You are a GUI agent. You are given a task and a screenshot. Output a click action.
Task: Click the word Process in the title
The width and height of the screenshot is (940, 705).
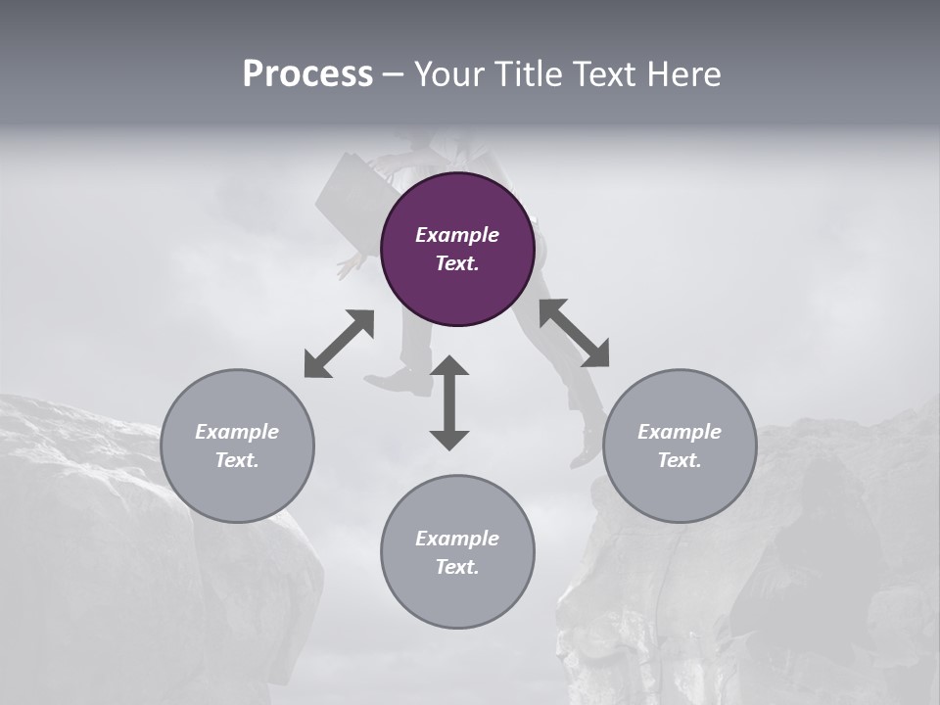tap(307, 74)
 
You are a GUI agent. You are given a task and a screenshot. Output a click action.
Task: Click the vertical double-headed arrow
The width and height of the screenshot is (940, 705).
tap(449, 403)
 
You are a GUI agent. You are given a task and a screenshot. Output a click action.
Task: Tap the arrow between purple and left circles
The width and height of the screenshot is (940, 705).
tap(339, 343)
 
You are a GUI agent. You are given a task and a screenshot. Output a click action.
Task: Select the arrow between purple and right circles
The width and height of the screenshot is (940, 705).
tap(574, 333)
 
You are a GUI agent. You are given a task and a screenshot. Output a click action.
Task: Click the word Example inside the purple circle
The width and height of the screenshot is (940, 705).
tap(457, 235)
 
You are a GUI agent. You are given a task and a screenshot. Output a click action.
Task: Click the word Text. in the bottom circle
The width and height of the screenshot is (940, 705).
tap(457, 567)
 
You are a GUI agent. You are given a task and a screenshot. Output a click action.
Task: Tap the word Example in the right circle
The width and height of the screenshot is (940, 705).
tap(680, 432)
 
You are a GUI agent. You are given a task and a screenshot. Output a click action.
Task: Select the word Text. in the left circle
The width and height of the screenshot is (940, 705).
tap(237, 460)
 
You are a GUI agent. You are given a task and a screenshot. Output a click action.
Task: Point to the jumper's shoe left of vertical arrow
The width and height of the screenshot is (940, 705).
tap(399, 383)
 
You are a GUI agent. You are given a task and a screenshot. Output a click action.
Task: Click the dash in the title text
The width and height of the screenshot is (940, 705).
tap(393, 75)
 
